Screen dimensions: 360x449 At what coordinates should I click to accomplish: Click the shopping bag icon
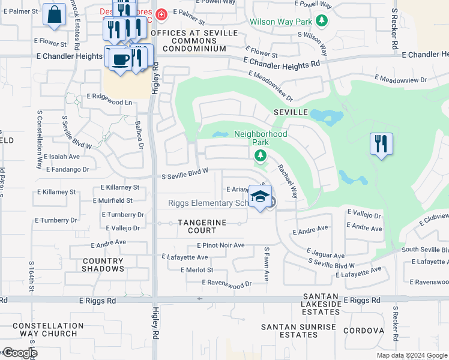point(54,15)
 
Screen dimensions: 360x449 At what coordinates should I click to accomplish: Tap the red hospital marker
point(161,14)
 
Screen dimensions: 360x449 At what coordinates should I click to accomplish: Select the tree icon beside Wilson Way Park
point(322,21)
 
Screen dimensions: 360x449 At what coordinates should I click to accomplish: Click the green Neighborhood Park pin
point(260,157)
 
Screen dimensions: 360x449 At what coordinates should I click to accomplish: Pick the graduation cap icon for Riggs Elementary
point(260,197)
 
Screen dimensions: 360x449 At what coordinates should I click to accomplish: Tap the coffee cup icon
point(120,59)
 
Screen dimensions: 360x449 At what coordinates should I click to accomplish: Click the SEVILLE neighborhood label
point(291,112)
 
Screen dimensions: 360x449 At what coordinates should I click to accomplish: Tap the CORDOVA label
point(363,331)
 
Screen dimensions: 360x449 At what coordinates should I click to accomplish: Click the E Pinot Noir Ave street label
point(221,245)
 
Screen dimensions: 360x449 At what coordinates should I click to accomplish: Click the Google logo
point(19,353)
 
